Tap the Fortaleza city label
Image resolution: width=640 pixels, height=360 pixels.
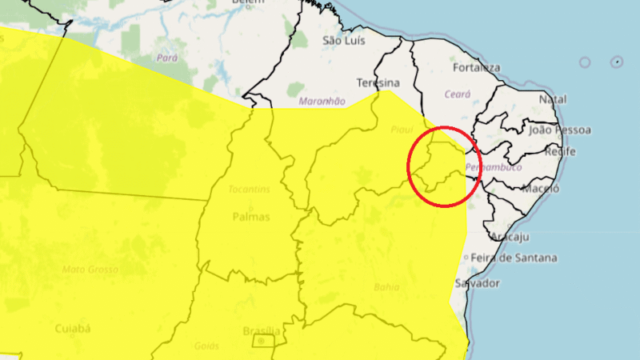point(476,68)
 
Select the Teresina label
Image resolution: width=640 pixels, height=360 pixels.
point(378,83)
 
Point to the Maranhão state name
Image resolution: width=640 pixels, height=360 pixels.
point(322,102)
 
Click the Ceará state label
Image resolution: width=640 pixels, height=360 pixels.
point(458,94)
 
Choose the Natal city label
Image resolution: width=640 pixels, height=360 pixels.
point(553,99)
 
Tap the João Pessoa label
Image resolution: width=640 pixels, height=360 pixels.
point(560,129)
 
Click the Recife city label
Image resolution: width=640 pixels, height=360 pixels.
point(560,151)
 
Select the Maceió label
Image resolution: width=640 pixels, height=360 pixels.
point(541,189)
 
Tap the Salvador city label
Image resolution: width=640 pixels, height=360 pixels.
point(477,283)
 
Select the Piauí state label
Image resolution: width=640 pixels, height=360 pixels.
point(402,129)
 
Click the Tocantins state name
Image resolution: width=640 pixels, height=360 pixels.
point(249,190)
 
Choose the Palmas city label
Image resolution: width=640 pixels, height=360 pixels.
point(250,217)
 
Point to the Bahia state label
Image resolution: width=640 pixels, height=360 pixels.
point(386,286)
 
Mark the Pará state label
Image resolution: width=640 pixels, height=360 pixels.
point(167,58)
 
